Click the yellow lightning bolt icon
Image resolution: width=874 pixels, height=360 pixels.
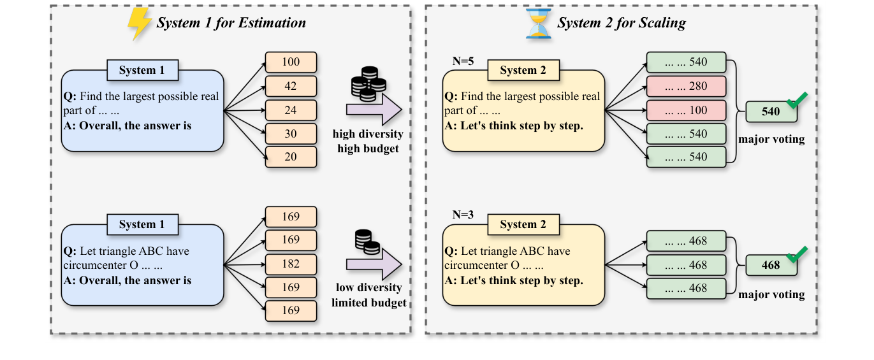click(x=140, y=24)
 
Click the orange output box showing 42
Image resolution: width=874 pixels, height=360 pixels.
click(x=291, y=86)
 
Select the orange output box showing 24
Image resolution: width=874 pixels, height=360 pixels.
click(x=291, y=110)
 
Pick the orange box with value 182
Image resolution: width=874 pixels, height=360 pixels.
click(x=291, y=264)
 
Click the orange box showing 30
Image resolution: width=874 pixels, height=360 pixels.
click(x=291, y=133)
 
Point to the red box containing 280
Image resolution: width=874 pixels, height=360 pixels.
click(x=686, y=86)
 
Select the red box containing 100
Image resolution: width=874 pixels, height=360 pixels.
click(x=686, y=110)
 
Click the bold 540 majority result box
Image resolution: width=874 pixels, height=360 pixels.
click(x=771, y=112)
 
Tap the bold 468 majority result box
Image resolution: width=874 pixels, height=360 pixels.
click(x=771, y=265)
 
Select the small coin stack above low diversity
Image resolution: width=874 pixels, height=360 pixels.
click(x=367, y=241)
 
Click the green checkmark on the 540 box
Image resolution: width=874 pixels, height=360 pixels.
click(x=796, y=100)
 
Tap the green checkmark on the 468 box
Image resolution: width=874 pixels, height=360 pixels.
click(x=796, y=254)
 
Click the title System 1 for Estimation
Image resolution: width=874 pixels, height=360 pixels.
click(x=231, y=24)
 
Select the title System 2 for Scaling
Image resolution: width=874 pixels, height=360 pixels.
click(x=621, y=24)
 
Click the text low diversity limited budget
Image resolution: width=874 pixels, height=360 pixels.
click(x=368, y=296)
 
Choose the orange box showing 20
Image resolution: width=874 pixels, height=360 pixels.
click(x=291, y=157)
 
